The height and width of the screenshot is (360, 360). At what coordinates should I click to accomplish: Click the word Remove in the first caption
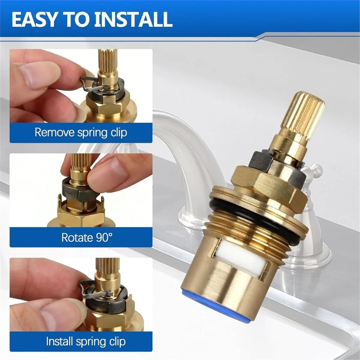55,132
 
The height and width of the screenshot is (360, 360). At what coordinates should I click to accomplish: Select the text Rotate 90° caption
87,237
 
